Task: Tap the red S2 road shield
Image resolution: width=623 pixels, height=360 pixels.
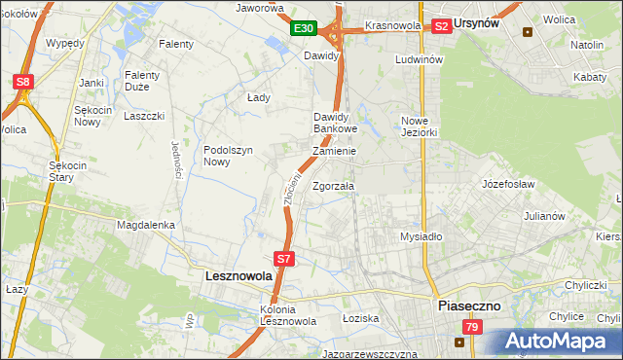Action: pos(441,26)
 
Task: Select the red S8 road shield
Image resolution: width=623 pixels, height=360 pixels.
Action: pos(22,83)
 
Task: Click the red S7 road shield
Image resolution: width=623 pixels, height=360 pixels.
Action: pos(283,259)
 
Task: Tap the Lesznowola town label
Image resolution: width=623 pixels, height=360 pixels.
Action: pos(239,276)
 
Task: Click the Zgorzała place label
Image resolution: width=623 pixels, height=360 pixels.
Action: pos(334,186)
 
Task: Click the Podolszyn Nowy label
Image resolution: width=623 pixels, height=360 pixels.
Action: pos(229,156)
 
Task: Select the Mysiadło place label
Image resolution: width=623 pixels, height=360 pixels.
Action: pos(421,236)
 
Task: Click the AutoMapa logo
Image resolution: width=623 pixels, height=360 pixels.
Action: pos(559,342)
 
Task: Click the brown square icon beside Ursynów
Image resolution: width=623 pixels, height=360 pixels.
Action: pos(529,31)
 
